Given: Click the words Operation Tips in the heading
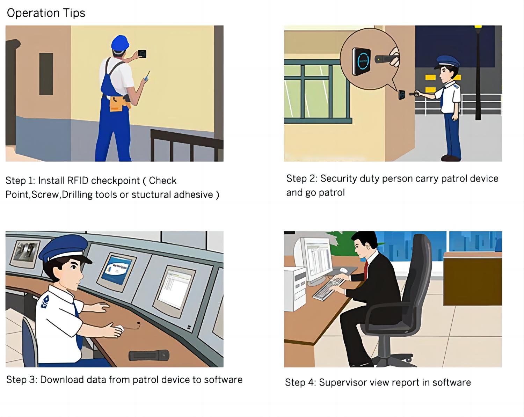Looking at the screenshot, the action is tap(46, 13).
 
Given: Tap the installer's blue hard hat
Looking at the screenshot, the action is tap(120, 43).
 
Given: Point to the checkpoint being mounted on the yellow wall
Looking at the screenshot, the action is tap(142, 54).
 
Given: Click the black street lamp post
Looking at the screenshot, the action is tap(478, 73).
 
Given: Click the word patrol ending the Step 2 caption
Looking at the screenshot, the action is tap(332, 193).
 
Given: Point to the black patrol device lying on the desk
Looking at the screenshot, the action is tap(149, 356).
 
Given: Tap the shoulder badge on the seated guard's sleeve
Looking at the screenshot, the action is tap(45, 301).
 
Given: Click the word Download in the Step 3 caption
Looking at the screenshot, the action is tap(62, 380).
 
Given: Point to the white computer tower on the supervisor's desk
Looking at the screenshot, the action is tap(295, 290).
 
